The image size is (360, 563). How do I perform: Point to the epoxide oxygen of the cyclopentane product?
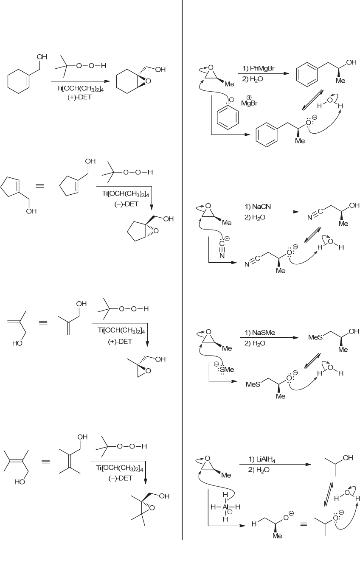(156, 231)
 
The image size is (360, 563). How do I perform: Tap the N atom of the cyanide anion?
(222, 255)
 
